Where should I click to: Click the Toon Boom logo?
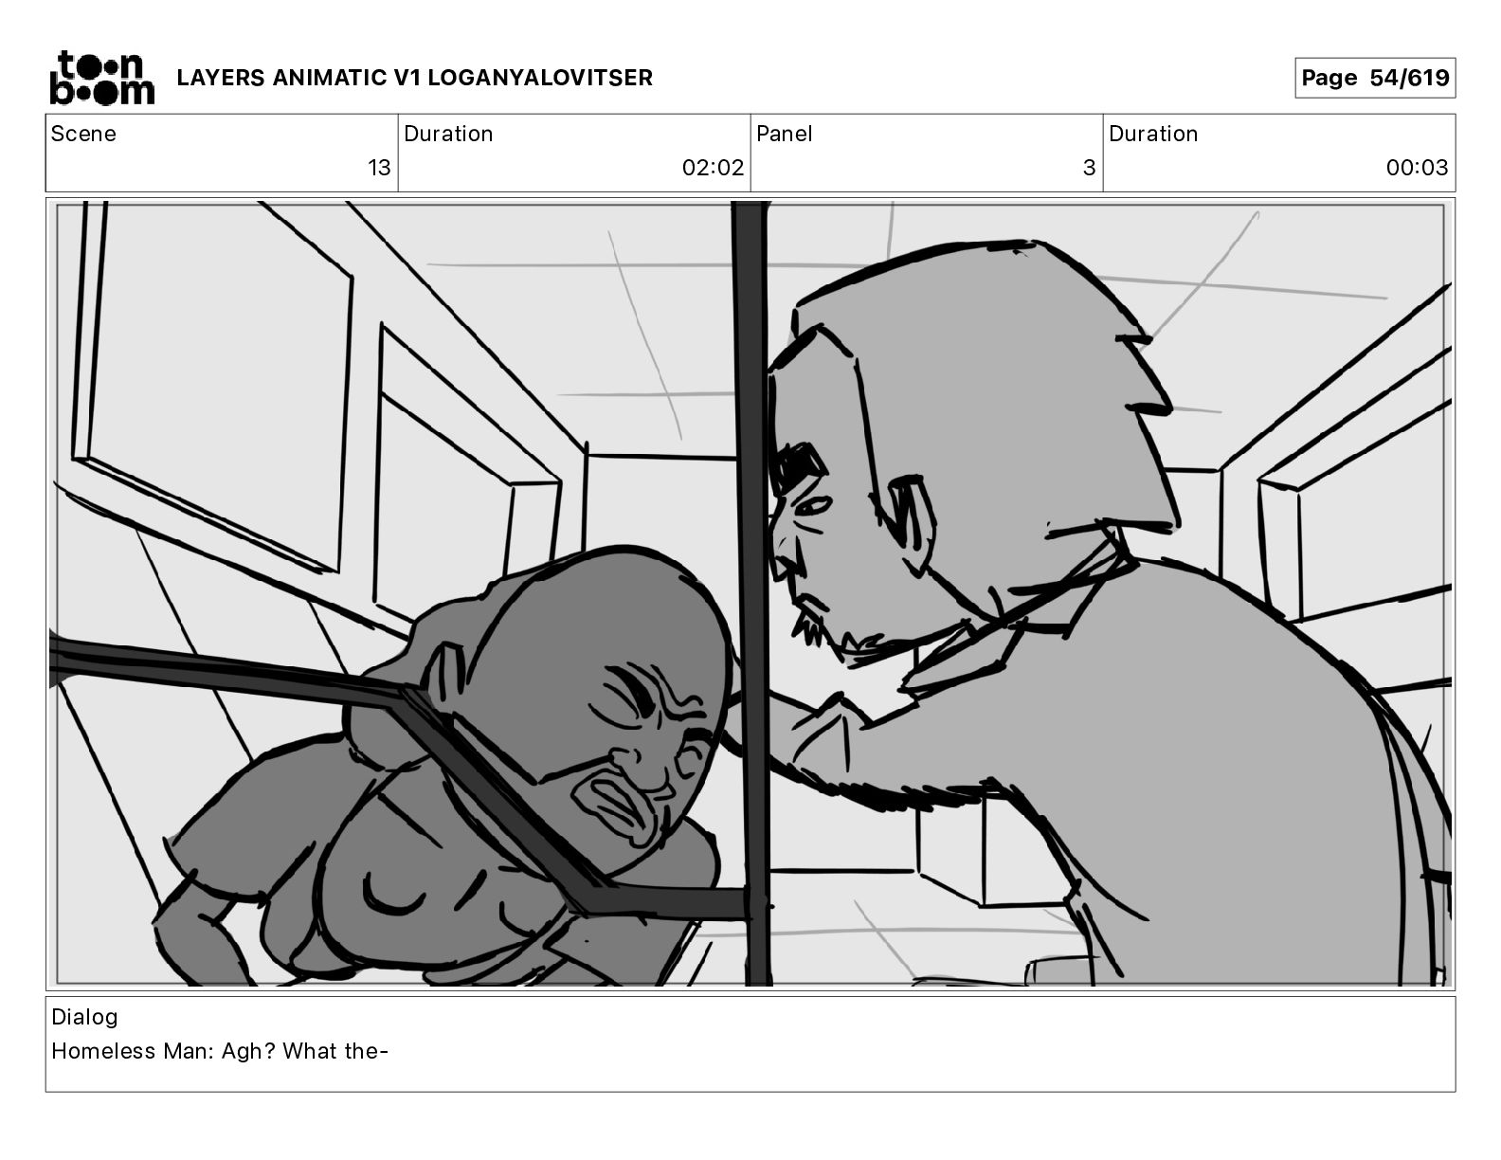click(x=102, y=78)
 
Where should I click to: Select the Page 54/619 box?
click(x=1375, y=78)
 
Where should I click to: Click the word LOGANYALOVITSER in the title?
click(x=540, y=78)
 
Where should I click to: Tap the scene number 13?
click(x=379, y=167)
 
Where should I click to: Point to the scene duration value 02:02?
click(x=713, y=167)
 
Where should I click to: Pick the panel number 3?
click(x=1090, y=167)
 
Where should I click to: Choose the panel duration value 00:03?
click(x=1417, y=167)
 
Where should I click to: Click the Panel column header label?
click(x=784, y=134)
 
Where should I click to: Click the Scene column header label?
click(x=83, y=134)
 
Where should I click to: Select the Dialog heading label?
click(x=84, y=1017)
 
